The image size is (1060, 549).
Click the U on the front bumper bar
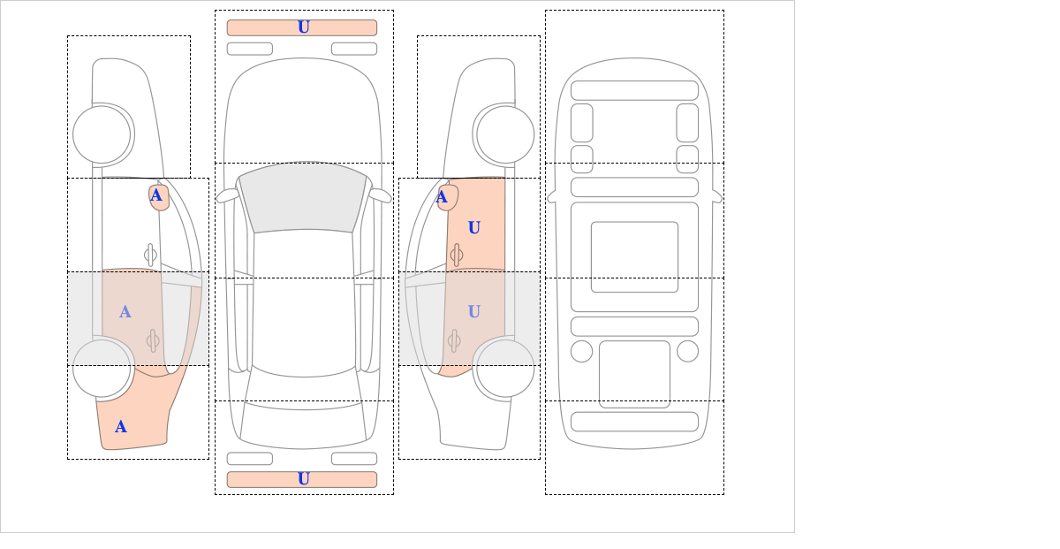304,27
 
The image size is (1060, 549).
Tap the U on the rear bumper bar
304,479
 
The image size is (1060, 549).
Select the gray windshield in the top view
303,197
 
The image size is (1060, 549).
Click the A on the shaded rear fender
121,427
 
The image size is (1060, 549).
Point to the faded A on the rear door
125,312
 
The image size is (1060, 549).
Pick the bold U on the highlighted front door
474,228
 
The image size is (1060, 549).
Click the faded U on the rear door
474,312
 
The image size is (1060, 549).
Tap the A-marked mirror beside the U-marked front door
448,197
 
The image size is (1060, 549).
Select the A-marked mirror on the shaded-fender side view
159,197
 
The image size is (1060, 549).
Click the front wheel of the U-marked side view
505,134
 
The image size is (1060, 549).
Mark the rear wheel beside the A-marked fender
102,368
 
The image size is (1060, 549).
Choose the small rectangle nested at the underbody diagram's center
634,256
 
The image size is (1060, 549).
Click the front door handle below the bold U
457,255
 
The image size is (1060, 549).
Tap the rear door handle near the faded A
152,340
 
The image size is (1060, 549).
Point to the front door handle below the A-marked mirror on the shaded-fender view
150,255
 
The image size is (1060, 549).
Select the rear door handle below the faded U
454,340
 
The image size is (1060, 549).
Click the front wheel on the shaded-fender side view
102,134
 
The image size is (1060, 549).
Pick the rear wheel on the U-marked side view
505,368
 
